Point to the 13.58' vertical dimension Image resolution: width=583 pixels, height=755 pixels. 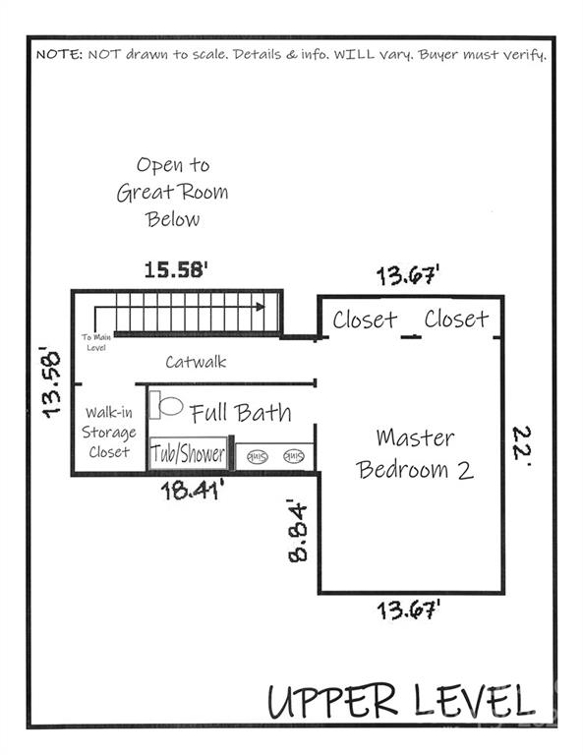click(49, 380)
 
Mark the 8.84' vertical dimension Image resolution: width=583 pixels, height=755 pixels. click(297, 530)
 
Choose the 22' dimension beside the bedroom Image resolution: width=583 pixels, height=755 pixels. click(522, 443)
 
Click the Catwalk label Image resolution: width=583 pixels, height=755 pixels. click(196, 362)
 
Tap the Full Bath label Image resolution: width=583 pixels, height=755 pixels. click(240, 412)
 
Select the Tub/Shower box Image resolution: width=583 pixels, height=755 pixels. click(188, 455)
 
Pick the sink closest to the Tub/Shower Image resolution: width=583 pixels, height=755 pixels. click(258, 456)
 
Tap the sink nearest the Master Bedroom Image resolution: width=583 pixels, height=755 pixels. click(293, 456)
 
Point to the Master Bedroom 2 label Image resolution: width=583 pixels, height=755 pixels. click(414, 453)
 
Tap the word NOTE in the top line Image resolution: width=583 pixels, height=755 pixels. click(59, 55)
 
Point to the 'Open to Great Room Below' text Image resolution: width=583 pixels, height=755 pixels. click(173, 192)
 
